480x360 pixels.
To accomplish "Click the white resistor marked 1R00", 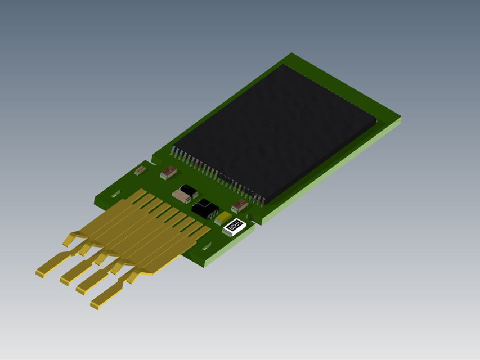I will (233, 227).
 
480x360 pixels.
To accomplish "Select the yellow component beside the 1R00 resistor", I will (222, 218).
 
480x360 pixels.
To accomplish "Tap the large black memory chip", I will (276, 132).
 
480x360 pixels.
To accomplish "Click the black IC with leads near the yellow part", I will (205, 208).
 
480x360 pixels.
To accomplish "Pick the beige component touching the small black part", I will (181, 196).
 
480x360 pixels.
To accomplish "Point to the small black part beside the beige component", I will (190, 190).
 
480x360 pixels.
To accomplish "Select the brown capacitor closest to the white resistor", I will (239, 206).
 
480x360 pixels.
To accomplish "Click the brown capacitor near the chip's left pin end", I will (168, 172).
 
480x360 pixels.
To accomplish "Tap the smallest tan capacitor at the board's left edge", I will (140, 170).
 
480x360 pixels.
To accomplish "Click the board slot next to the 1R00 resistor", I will (206, 246).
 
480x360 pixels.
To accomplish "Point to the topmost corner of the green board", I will (291, 54).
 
